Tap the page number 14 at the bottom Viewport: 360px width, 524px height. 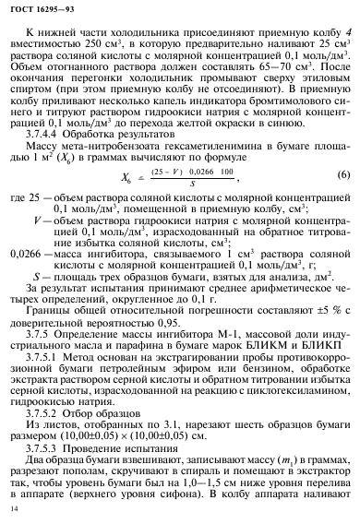[13, 508]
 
